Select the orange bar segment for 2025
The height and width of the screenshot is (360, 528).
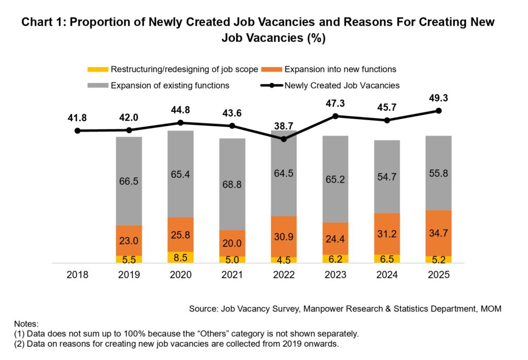pos(438,233)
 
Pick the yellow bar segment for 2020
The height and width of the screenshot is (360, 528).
pos(180,257)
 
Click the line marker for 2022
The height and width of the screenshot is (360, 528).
pos(284,139)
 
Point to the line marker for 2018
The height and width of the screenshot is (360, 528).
pos(77,130)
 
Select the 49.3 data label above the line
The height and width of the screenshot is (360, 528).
pos(438,98)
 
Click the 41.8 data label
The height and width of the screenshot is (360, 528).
pos(77,118)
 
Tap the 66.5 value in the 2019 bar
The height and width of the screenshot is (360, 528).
pos(129,181)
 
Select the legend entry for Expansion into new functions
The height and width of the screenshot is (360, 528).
pos(340,69)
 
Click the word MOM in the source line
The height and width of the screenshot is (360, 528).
pos(490,308)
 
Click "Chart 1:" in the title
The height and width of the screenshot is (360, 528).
pos(45,23)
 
